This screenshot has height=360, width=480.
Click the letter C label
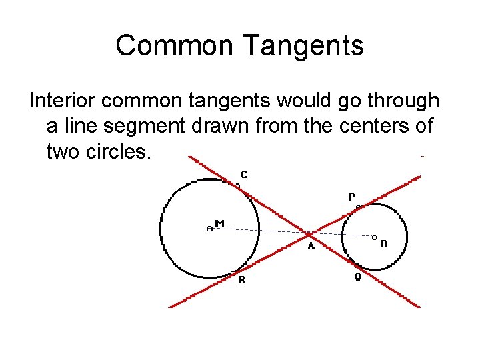(244, 175)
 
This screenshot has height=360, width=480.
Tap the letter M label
(219, 223)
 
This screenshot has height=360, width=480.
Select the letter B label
(241, 280)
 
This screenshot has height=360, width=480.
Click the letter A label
(311, 247)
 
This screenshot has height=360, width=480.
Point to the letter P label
(351, 197)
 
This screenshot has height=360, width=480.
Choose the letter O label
(383, 244)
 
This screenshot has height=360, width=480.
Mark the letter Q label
(357, 277)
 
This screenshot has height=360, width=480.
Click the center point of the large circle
(209, 228)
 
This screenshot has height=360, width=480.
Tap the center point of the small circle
(374, 237)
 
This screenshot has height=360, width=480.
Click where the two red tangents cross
(310, 234)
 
